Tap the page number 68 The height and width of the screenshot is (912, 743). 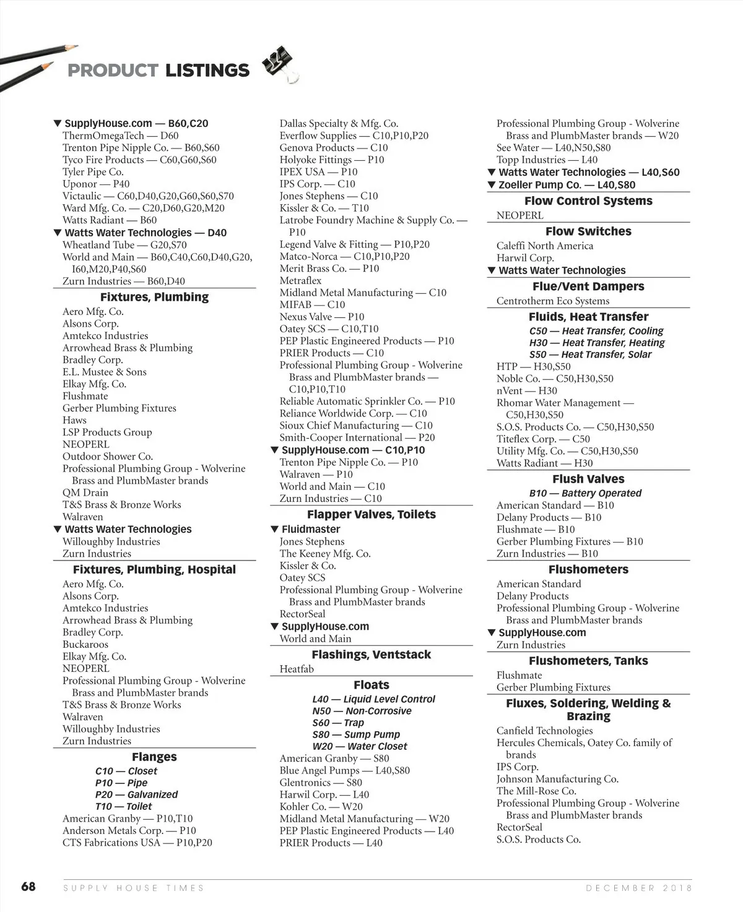pyautogui.click(x=28, y=887)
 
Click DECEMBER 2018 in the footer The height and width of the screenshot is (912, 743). pyautogui.click(x=638, y=888)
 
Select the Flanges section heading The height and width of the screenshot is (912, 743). pyautogui.click(x=154, y=757)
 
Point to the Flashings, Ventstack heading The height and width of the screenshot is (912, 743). pyautogui.click(x=371, y=654)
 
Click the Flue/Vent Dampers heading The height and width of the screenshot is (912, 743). pyautogui.click(x=588, y=286)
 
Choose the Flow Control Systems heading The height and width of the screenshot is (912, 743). pyautogui.click(x=588, y=200)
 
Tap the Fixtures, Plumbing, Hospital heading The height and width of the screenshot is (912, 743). pyautogui.click(x=154, y=569)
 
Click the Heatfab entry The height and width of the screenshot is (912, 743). pyautogui.click(x=297, y=669)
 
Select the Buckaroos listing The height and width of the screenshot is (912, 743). pyautogui.click(x=85, y=644)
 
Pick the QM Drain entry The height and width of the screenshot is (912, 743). pyautogui.click(x=85, y=493)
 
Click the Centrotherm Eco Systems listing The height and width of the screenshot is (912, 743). pyautogui.click(x=553, y=301)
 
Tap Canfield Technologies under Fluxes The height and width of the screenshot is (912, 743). pyautogui.click(x=544, y=731)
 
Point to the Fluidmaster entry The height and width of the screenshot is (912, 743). pyautogui.click(x=310, y=529)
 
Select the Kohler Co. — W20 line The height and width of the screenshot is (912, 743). pyautogui.click(x=321, y=807)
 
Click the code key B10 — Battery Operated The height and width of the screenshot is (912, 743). pyautogui.click(x=585, y=493)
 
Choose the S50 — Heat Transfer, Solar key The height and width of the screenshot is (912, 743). pyautogui.click(x=590, y=355)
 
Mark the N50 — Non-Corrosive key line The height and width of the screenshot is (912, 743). pyautogui.click(x=362, y=711)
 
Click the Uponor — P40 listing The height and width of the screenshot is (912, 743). pyautogui.click(x=96, y=184)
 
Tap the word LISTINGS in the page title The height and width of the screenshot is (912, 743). pyautogui.click(x=207, y=71)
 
